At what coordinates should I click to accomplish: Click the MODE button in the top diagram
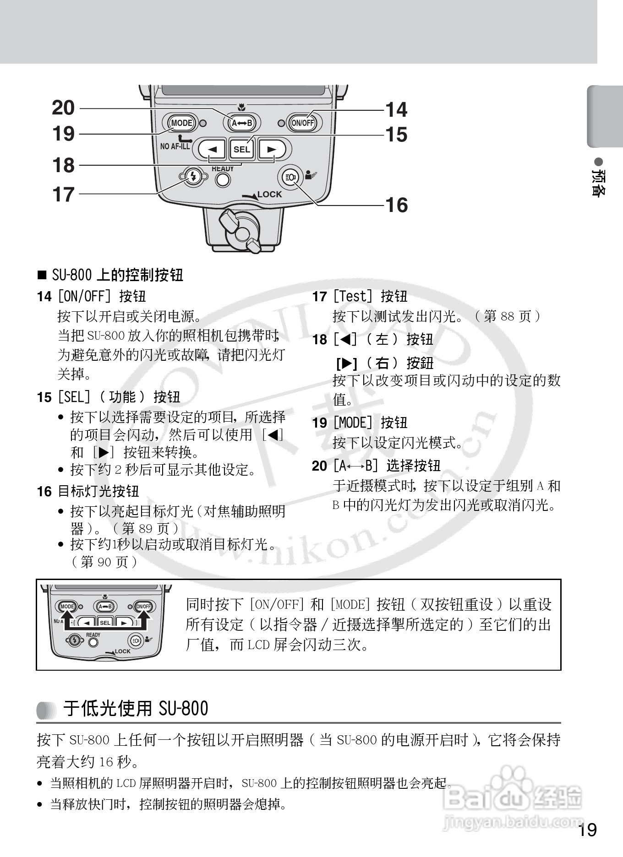click(181, 123)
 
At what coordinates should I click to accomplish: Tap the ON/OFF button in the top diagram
click(303, 123)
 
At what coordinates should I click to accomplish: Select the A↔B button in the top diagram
click(242, 123)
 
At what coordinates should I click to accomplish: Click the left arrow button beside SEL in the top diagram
click(212, 149)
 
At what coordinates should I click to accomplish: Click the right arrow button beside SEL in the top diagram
click(272, 149)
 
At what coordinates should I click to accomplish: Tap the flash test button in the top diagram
click(193, 176)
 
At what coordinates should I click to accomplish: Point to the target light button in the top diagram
click(290, 177)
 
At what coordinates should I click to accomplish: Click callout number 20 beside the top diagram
click(63, 108)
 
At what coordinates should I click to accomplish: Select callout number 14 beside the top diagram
click(396, 110)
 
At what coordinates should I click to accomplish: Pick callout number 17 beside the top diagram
click(63, 195)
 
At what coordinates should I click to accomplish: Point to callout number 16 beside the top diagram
click(396, 205)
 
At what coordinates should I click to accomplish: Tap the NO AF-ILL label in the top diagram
click(175, 146)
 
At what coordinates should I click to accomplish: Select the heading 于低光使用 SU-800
click(136, 708)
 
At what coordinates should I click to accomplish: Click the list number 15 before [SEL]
click(44, 397)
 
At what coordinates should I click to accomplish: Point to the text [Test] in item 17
click(352, 297)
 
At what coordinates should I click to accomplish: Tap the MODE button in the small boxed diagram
click(67, 607)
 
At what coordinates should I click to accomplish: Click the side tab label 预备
click(599, 183)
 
